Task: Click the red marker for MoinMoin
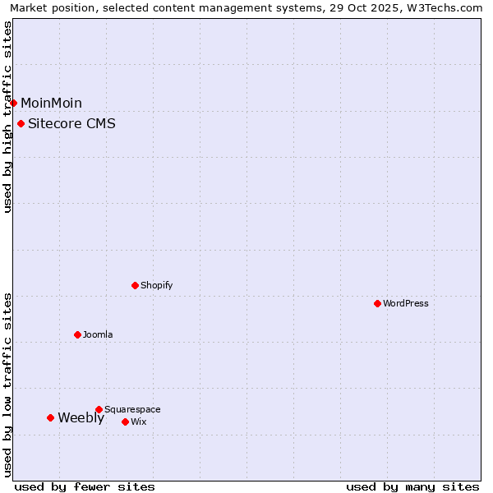[x=14, y=103]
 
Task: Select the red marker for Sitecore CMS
[x=21, y=124]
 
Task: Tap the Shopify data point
[x=136, y=285]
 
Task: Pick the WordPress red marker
[x=378, y=303]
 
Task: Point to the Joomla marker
[x=78, y=334]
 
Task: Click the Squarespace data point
[x=99, y=409]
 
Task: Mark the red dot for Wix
[x=126, y=422]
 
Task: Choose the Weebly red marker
[x=51, y=417]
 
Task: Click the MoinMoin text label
[x=51, y=103]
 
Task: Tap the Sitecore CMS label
[x=71, y=124]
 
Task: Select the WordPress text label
[x=406, y=303]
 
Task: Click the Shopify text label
[x=156, y=285]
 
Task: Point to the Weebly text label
[x=81, y=417]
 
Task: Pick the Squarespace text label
[x=132, y=409]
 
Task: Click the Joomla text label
[x=98, y=334]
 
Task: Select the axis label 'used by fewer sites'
[x=85, y=486]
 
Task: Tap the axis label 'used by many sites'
[x=412, y=486]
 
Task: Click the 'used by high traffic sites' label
[x=8, y=117]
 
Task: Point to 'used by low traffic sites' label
[x=8, y=385]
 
